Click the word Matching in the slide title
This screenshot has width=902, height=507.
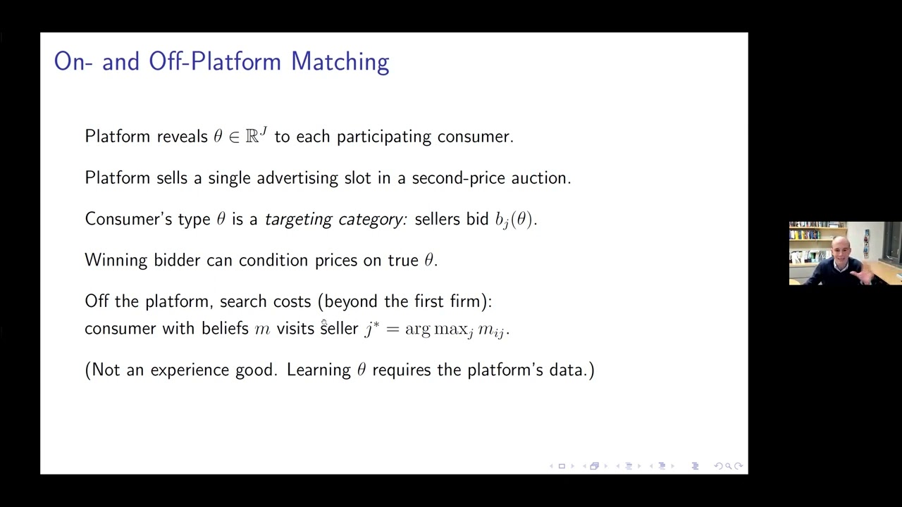pos(340,62)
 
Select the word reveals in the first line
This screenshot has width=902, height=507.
pos(182,137)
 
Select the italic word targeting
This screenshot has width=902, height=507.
pos(298,220)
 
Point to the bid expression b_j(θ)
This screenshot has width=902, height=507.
pos(515,220)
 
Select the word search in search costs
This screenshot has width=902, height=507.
pos(240,301)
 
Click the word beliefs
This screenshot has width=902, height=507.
pos(225,329)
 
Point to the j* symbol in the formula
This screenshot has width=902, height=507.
pos(371,329)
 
